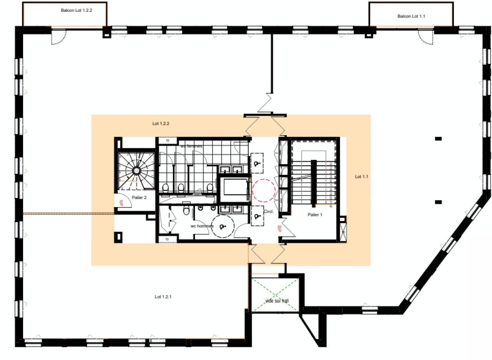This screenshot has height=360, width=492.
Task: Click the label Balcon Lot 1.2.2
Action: coord(81,10)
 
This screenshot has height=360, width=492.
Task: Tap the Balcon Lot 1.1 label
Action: coord(411,16)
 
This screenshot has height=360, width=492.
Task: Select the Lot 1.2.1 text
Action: coord(165,297)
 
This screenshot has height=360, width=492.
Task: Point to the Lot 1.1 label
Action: coord(361,177)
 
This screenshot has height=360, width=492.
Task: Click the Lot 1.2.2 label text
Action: coord(161,124)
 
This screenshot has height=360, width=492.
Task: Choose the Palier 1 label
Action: coord(314,215)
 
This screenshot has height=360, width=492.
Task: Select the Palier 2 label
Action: coord(139,197)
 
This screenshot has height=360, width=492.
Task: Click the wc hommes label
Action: coord(202,226)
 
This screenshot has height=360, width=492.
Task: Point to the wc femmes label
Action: coord(191,146)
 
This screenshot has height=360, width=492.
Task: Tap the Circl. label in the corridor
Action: coord(268,212)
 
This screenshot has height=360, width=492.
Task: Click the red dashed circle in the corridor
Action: coord(263,191)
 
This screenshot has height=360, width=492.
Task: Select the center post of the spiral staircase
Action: coord(136,171)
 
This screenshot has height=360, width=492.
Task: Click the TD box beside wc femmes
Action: coord(168,141)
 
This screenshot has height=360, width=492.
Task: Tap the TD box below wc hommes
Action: coord(168,239)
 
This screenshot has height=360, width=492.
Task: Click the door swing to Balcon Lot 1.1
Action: coord(426,37)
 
